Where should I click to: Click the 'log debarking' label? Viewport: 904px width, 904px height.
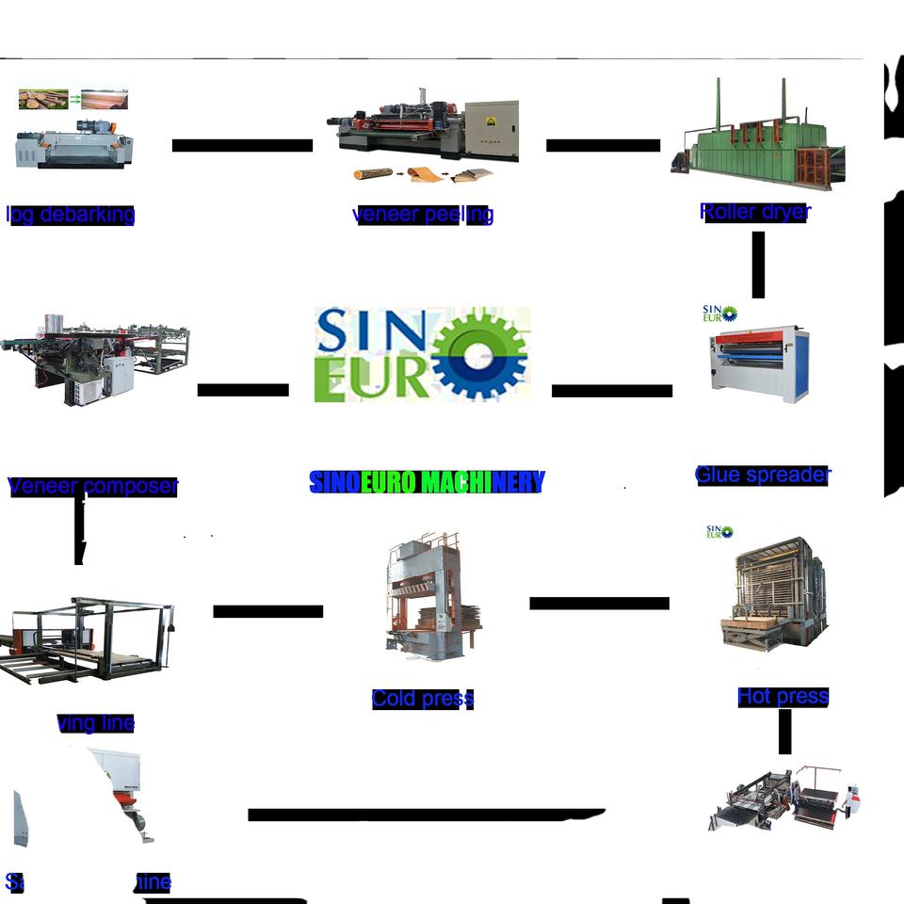(71, 215)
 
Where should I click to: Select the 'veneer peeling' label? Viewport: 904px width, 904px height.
(423, 215)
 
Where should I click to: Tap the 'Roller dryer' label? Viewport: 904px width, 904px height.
(754, 212)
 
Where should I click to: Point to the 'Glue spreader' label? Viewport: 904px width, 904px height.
(763, 476)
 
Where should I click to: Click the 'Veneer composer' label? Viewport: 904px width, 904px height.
(92, 487)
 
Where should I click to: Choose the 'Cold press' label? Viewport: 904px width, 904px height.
(422, 699)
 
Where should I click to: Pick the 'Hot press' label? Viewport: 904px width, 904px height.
(783, 697)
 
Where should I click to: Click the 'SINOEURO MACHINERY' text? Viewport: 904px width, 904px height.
(427, 483)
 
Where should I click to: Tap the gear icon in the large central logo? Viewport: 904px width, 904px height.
(478, 354)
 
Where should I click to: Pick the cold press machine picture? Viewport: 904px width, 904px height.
(423, 598)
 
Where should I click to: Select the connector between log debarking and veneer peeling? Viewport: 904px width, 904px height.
(242, 145)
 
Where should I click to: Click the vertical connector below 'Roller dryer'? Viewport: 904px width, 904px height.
(757, 265)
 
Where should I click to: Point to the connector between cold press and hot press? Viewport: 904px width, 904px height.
(599, 604)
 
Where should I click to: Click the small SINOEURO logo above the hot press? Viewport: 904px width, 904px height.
(719, 532)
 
